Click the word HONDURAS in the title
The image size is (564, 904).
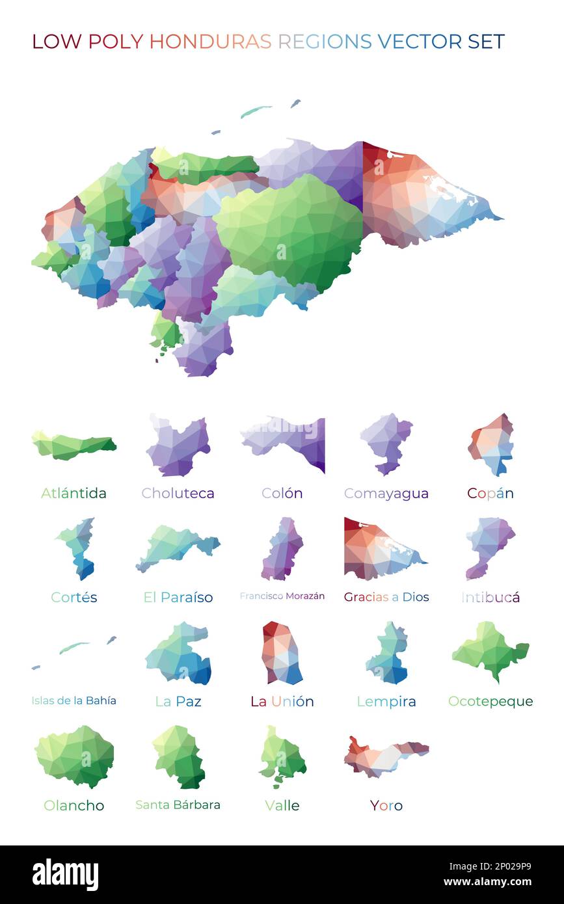210,42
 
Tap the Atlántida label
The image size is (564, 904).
74,493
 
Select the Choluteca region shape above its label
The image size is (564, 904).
178,446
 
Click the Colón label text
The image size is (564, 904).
282,493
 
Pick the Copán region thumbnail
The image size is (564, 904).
492,444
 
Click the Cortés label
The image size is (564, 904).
74,597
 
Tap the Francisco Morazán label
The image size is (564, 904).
282,596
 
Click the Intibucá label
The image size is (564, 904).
490,597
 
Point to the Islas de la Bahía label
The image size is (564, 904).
74,700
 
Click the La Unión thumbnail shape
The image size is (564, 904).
282,653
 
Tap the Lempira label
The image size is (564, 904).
386,701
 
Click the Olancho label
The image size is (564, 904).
74,805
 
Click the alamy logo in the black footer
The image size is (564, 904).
65,874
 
